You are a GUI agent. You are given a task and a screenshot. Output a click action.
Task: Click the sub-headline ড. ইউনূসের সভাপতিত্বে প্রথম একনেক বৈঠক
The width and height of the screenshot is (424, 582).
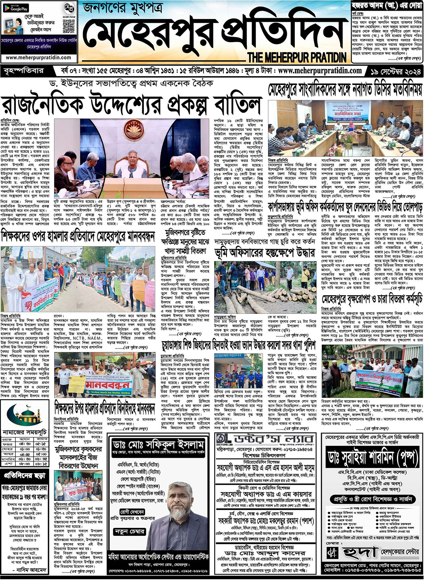[131, 84]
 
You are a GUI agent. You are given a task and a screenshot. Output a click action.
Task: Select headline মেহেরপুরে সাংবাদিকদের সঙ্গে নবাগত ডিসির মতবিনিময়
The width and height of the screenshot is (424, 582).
[345, 90]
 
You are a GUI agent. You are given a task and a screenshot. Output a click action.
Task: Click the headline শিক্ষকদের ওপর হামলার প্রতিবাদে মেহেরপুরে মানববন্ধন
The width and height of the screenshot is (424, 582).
[78, 238]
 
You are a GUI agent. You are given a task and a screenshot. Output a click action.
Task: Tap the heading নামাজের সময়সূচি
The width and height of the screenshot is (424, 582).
[25, 431]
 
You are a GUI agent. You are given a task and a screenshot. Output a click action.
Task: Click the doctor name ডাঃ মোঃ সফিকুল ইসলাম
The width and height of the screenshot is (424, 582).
[158, 444]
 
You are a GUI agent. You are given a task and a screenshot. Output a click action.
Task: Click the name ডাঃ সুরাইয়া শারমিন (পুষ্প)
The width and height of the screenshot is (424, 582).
[372, 458]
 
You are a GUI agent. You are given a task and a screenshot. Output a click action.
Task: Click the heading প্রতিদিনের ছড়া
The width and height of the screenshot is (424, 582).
[25, 475]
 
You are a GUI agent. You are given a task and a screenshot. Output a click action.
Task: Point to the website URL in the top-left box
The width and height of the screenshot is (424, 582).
[39, 57]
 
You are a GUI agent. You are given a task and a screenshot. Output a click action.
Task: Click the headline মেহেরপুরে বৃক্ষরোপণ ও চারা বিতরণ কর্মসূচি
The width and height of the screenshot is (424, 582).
[372, 299]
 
